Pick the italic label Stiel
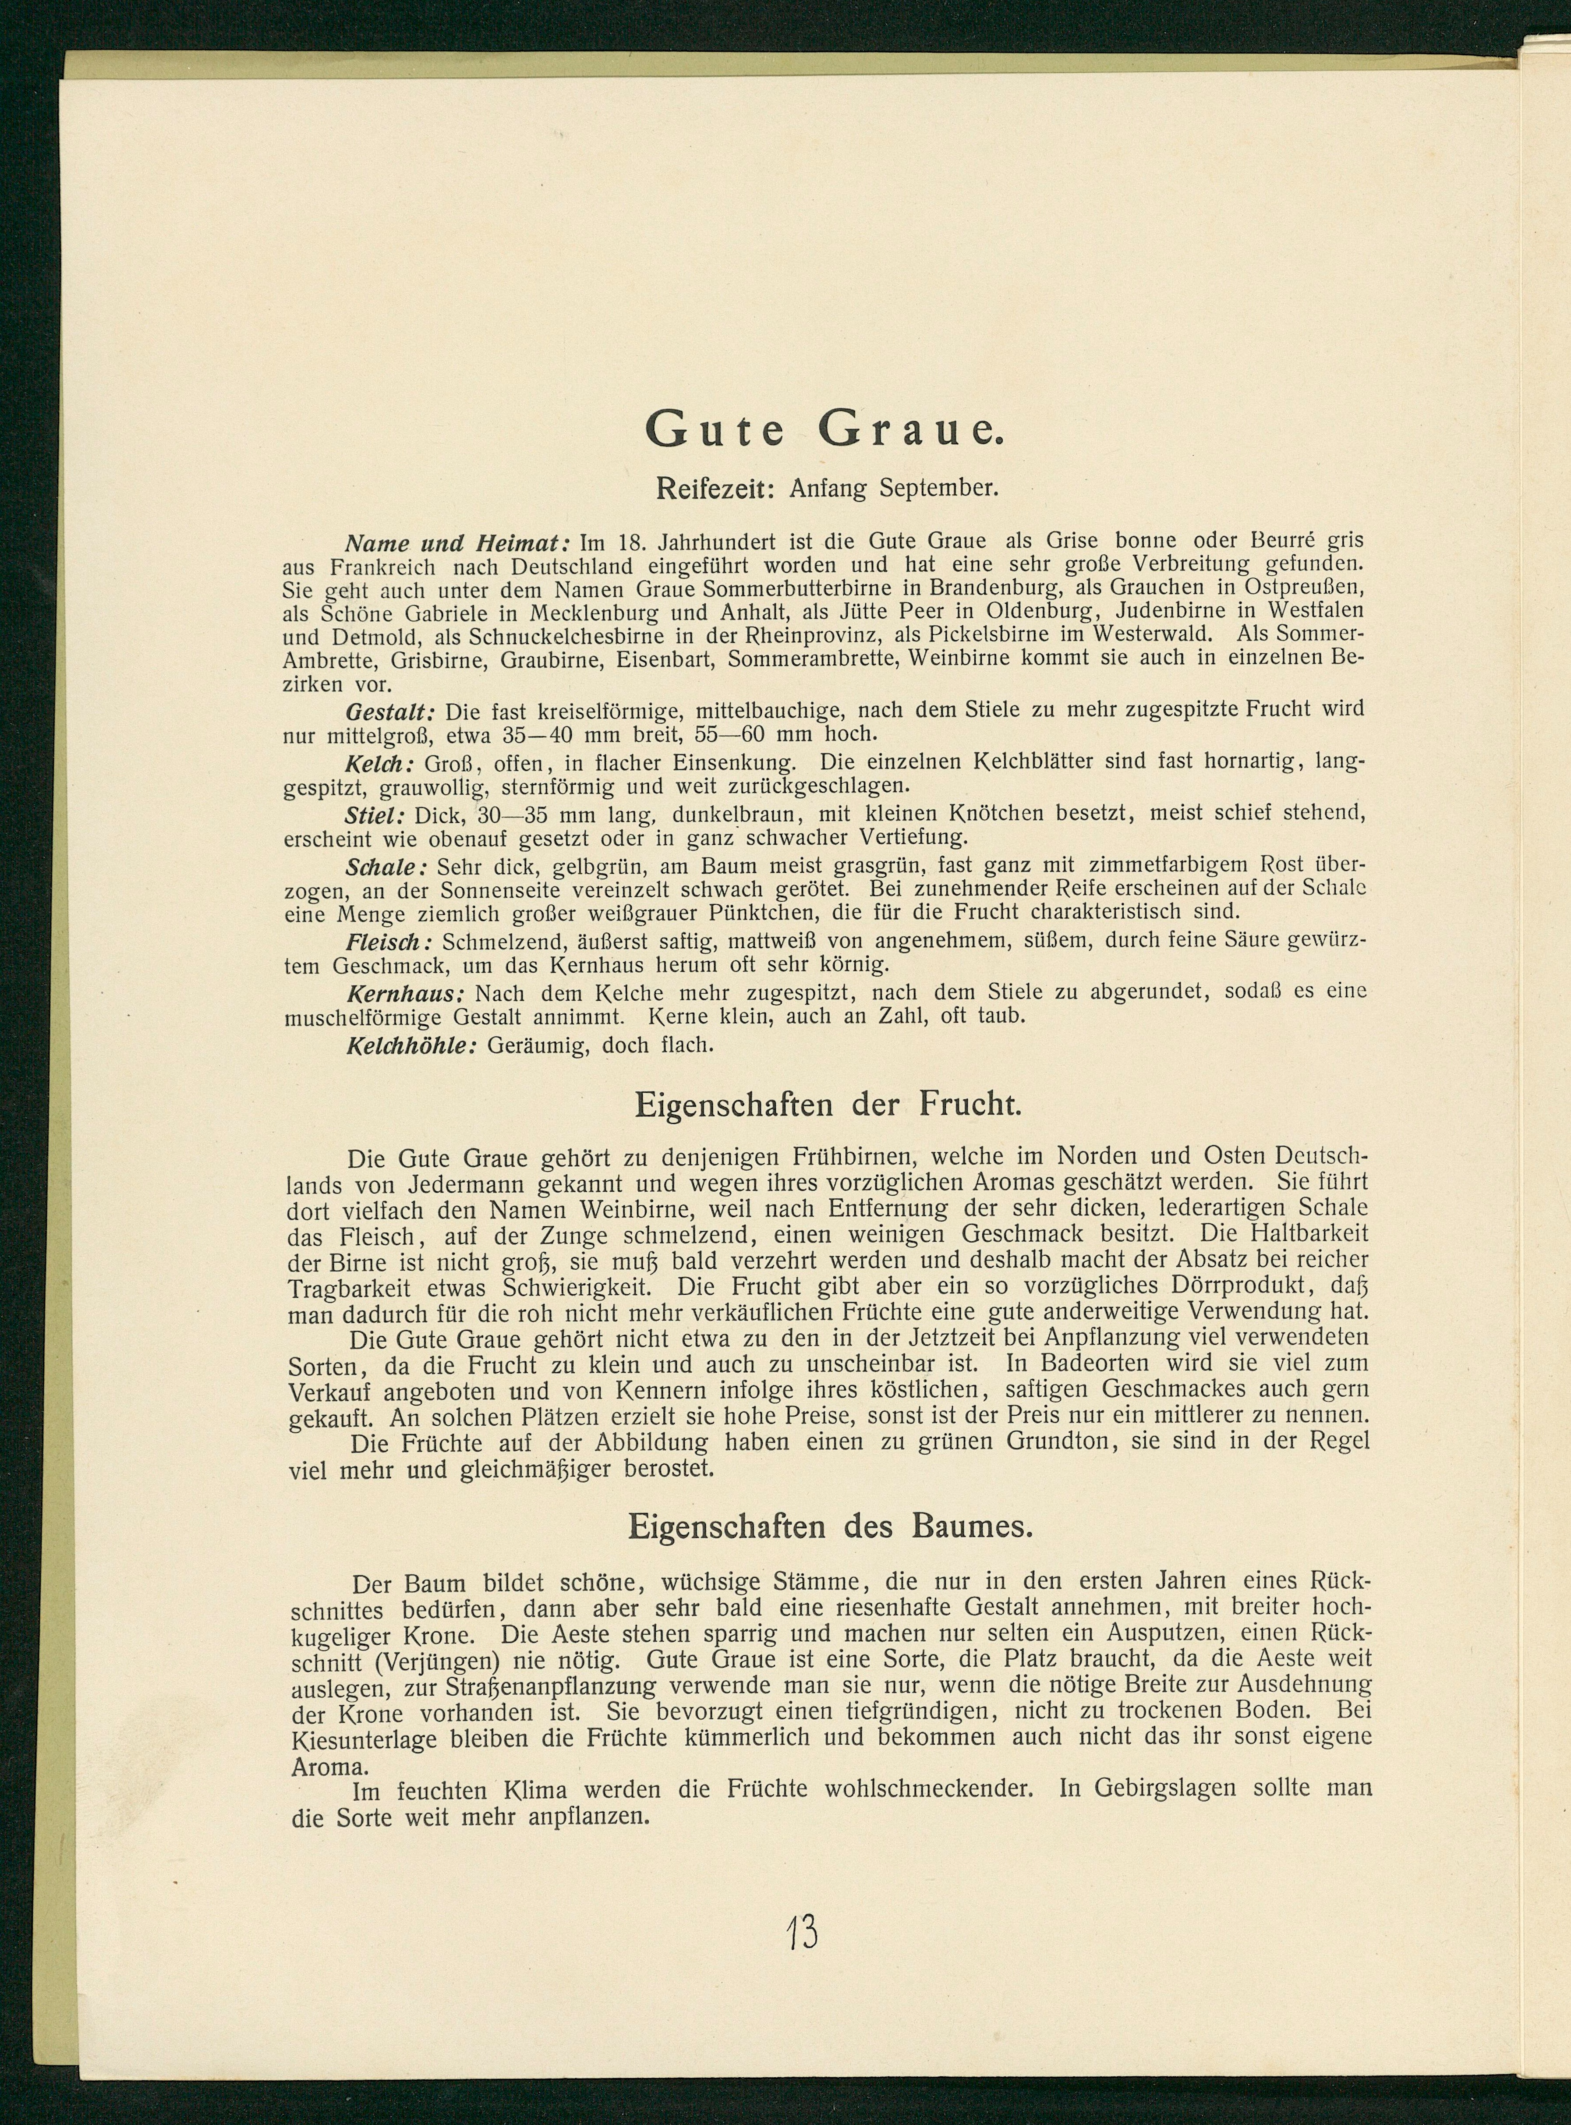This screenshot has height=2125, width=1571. click(x=375, y=814)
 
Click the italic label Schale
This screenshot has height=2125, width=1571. click(x=385, y=867)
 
